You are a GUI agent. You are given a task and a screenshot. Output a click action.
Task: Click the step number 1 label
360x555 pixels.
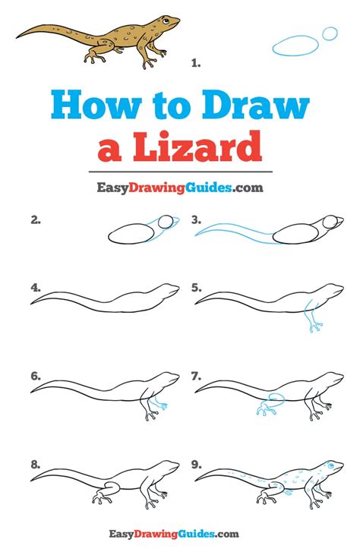[196, 64]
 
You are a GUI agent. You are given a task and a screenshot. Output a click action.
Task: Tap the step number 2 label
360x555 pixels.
[36, 221]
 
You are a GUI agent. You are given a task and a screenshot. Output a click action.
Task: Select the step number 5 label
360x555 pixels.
[197, 288]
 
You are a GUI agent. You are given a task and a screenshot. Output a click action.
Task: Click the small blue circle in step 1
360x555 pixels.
[330, 33]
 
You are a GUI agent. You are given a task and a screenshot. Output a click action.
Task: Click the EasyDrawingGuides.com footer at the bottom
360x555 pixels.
[179, 535]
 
